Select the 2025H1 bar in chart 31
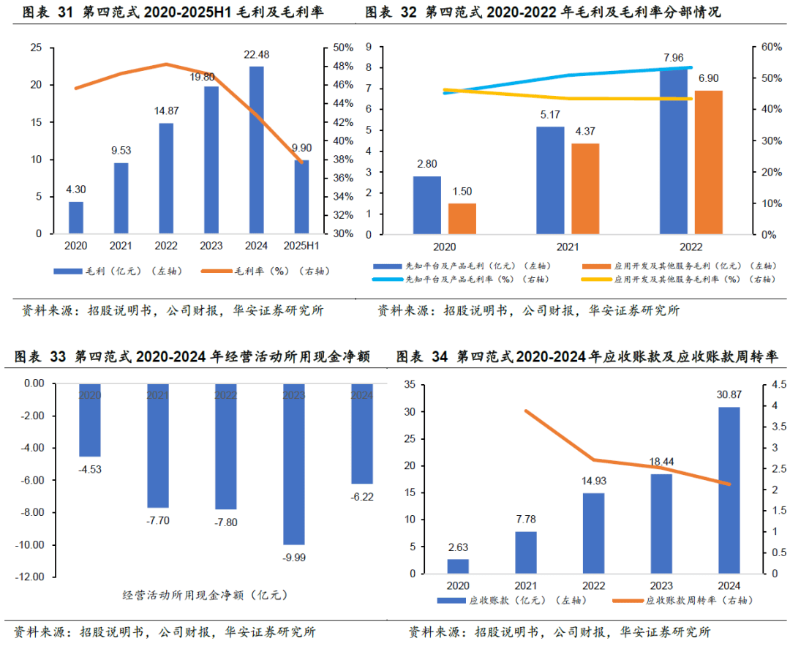[x=302, y=197]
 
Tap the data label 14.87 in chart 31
[x=166, y=111]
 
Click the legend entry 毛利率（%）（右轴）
[x=282, y=271]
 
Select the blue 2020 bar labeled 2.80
[x=427, y=205]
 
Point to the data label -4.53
[x=90, y=468]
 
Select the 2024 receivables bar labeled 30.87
[x=729, y=490]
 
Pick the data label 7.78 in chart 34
[x=525, y=519]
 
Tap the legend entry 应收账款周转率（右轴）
[x=699, y=600]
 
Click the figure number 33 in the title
[x=59, y=357]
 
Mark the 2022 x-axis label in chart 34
[x=593, y=586]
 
